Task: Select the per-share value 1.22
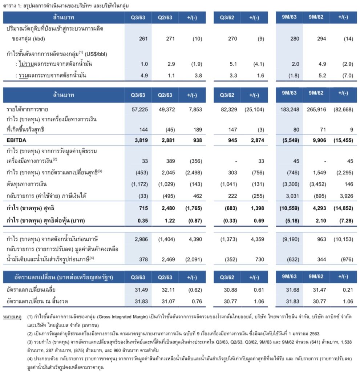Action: pyautogui.click(x=168, y=221)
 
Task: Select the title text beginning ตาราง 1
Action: pyautogui.click(x=65, y=6)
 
